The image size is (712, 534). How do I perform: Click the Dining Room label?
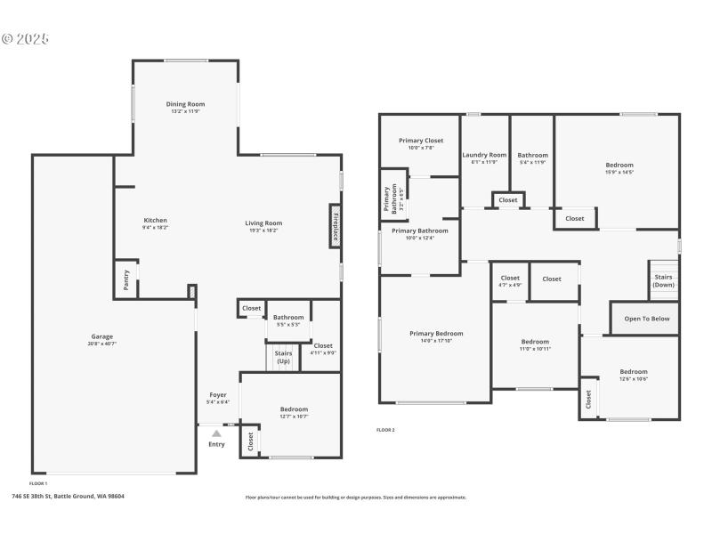(x=186, y=104)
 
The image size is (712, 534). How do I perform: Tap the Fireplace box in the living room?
(x=336, y=225)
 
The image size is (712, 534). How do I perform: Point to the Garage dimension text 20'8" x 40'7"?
(x=102, y=343)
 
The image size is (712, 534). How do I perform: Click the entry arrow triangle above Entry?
(x=216, y=433)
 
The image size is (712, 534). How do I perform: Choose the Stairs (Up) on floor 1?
(x=283, y=357)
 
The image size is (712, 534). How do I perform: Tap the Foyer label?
(x=218, y=394)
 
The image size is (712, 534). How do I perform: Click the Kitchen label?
(x=156, y=221)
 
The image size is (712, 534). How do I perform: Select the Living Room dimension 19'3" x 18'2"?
(x=263, y=230)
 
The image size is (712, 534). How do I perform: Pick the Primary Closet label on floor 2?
(x=420, y=141)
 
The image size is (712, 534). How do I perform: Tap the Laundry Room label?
(x=484, y=155)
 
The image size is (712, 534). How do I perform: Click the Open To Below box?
(x=646, y=318)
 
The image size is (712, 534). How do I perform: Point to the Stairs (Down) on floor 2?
(x=663, y=280)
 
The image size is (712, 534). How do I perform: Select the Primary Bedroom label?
(x=436, y=334)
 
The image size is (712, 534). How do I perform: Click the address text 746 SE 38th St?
(x=68, y=496)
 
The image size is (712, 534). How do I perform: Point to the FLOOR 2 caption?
(x=385, y=430)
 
